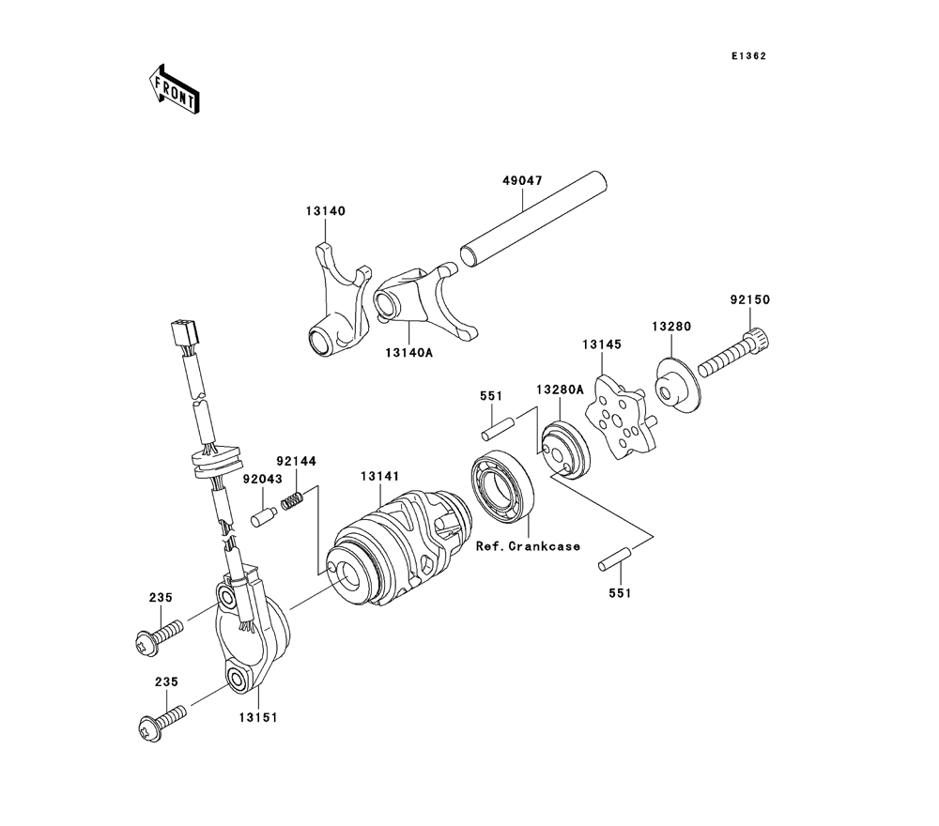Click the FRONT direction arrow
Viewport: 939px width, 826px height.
174,88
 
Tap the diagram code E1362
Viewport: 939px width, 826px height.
748,56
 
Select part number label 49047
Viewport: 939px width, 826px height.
522,180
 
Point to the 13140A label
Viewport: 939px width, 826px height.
409,353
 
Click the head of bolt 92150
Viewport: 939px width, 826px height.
758,339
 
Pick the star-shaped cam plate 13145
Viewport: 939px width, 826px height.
617,417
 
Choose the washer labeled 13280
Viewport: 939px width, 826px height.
678,385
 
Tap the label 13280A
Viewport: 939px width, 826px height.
560,390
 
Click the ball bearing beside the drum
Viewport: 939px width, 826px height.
504,483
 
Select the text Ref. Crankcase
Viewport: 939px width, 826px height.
528,546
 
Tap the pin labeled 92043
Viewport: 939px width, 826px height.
264,516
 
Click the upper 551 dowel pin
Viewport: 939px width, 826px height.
497,428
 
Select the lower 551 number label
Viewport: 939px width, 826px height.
621,592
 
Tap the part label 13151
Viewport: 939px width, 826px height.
258,717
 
